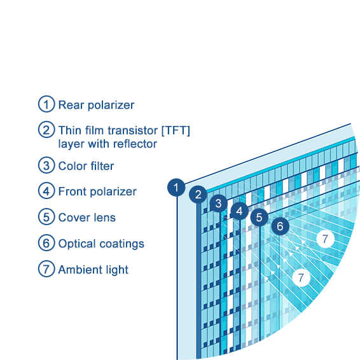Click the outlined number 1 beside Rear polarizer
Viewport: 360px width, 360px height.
(x=46, y=104)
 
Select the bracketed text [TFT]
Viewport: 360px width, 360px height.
(x=176, y=130)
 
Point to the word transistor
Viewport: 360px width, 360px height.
(x=133, y=130)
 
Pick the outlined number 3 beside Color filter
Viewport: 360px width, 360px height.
(x=46, y=165)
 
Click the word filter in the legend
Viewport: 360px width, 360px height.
(x=102, y=166)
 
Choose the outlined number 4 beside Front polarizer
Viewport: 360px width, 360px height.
(x=46, y=191)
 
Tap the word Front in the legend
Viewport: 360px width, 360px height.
(x=73, y=191)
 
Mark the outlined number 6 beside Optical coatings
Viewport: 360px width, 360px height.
(x=46, y=243)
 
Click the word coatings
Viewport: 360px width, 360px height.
(x=122, y=244)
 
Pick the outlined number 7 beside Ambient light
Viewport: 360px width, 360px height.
(x=46, y=269)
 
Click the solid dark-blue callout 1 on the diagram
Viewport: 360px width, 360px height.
(x=176, y=188)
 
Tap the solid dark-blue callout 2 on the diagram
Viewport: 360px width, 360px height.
(x=198, y=195)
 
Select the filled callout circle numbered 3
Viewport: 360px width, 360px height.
(x=219, y=203)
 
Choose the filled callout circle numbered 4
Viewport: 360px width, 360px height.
(x=239, y=211)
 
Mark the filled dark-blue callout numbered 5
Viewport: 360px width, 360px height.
(x=260, y=217)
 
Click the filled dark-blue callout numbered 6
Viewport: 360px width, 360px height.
(x=280, y=226)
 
